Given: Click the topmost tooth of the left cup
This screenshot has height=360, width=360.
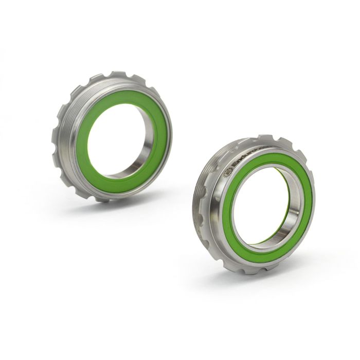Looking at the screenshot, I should pos(118,75).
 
